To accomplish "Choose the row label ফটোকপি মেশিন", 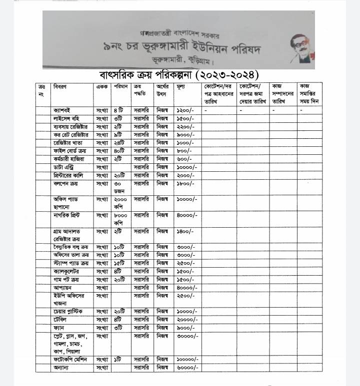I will (x=68, y=359).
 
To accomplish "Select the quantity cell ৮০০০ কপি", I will (x=120, y=219).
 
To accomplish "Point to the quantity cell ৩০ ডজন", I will (x=119, y=187).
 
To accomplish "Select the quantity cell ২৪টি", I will (x=118, y=142).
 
